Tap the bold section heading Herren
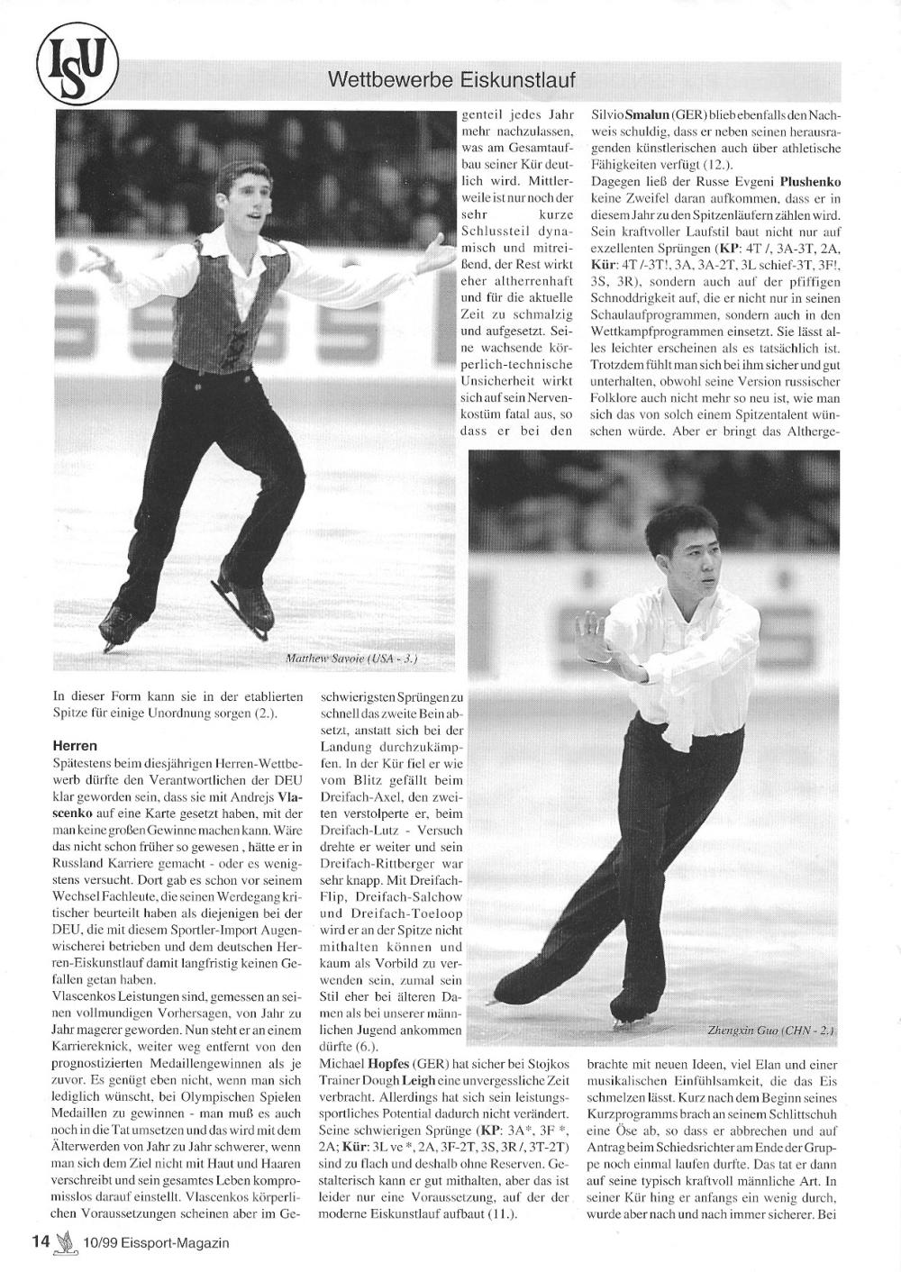pos(75,747)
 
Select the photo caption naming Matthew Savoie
pos(351,659)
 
